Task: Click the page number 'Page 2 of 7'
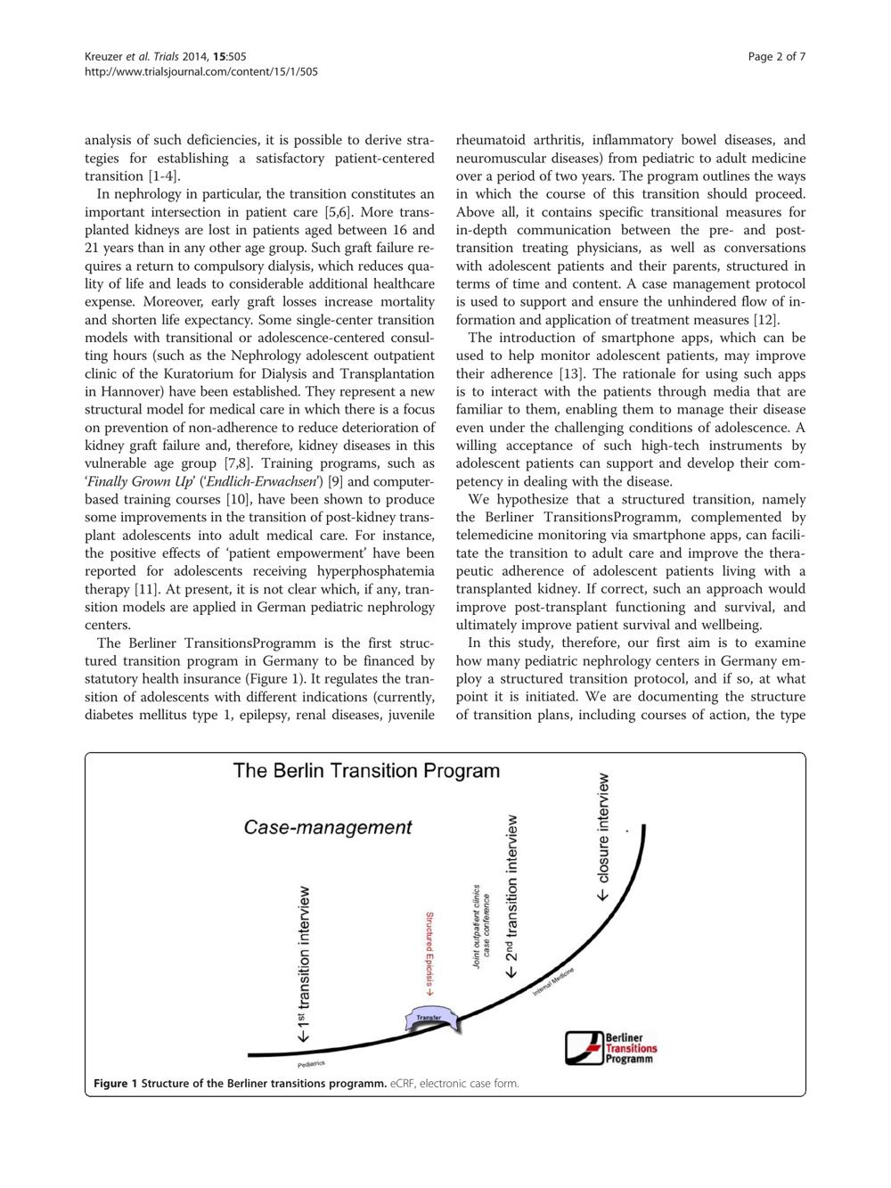coord(777,57)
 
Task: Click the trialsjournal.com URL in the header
coord(200,71)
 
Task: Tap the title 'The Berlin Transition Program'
coord(366,771)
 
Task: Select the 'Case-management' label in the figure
coord(328,827)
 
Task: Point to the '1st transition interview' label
coord(306,964)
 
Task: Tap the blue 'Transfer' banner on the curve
coord(430,1019)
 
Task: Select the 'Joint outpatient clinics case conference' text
coord(482,927)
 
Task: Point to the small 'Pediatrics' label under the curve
coord(311,1064)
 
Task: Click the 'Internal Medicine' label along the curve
coord(553,983)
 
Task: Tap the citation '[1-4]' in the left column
coord(162,176)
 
